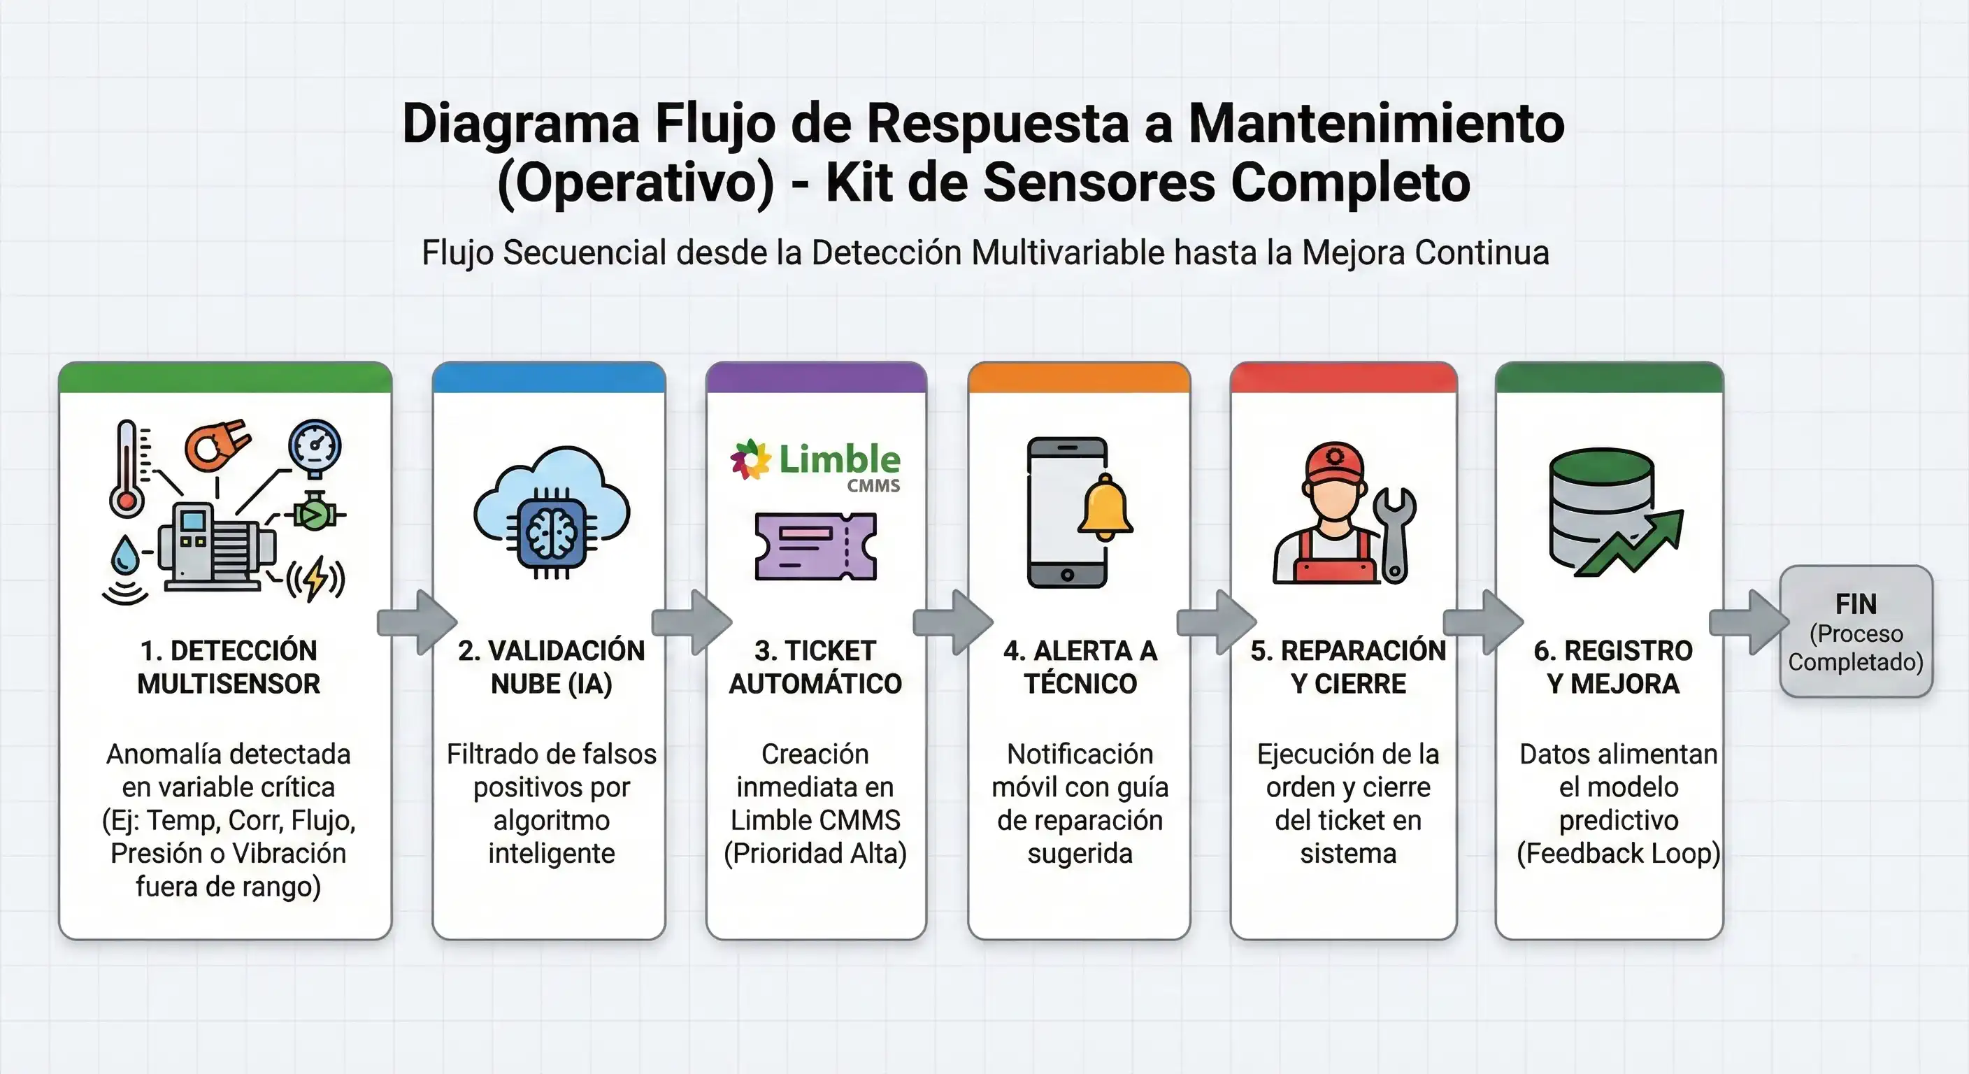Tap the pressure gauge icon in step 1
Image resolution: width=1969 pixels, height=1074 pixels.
point(315,448)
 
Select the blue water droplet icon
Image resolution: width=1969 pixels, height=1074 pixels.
point(125,555)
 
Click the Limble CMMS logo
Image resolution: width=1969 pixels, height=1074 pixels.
point(815,465)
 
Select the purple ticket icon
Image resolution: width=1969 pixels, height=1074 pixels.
point(815,547)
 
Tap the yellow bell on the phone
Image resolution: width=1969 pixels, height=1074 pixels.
point(1105,506)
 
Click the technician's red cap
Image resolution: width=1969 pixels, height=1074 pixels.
point(1335,462)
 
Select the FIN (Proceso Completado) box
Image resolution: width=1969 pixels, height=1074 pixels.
point(1856,631)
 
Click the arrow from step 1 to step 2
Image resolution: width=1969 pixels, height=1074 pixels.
point(417,622)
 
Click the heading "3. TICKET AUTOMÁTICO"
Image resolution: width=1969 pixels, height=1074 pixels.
point(815,666)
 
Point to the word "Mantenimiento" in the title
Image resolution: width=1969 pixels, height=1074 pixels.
point(1377,123)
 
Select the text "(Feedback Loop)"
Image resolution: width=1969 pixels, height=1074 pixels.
point(1618,853)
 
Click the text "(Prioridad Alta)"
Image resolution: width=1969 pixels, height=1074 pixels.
point(815,853)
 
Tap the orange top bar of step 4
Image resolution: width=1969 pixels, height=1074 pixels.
point(1080,378)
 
